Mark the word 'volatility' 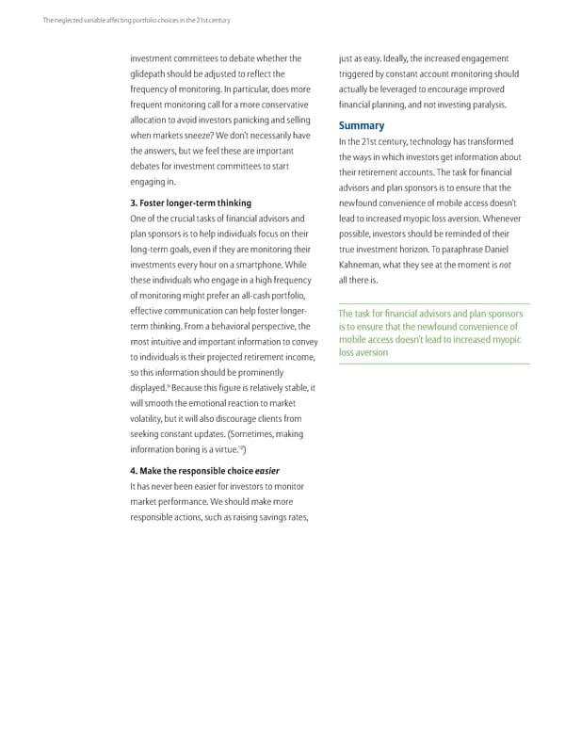pyautogui.click(x=151, y=418)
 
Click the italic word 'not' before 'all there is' pyautogui.click(x=504, y=265)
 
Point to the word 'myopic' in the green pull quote pyautogui.click(x=500, y=340)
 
